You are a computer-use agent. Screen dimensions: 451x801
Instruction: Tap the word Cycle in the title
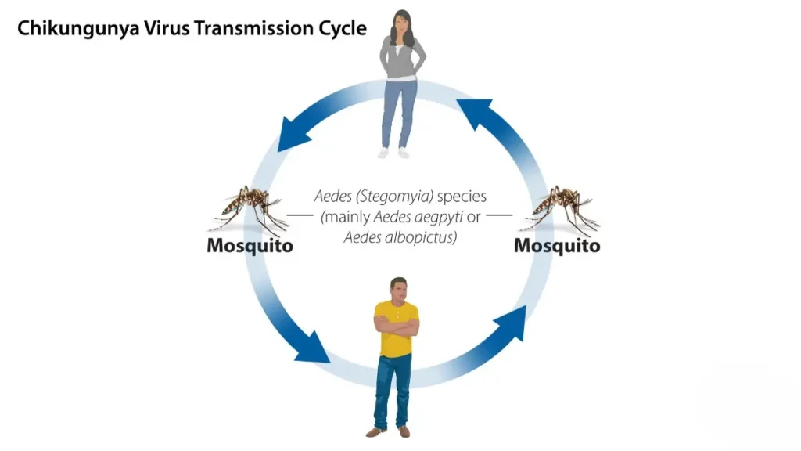click(x=343, y=29)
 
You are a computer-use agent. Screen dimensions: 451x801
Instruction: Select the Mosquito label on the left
click(x=250, y=246)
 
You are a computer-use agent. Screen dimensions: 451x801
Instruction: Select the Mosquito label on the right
click(x=557, y=246)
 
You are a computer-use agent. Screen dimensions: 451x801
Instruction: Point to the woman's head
click(x=403, y=23)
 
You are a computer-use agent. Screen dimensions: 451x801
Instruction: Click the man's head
click(x=398, y=288)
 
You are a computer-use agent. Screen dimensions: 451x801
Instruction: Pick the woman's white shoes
click(x=393, y=153)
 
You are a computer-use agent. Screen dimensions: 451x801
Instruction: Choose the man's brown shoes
click(x=389, y=431)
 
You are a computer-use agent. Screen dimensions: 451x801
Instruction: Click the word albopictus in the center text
click(x=418, y=236)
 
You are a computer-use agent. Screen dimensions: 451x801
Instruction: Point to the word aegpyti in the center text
click(x=439, y=217)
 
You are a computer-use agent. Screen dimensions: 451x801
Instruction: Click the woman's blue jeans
click(x=399, y=114)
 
